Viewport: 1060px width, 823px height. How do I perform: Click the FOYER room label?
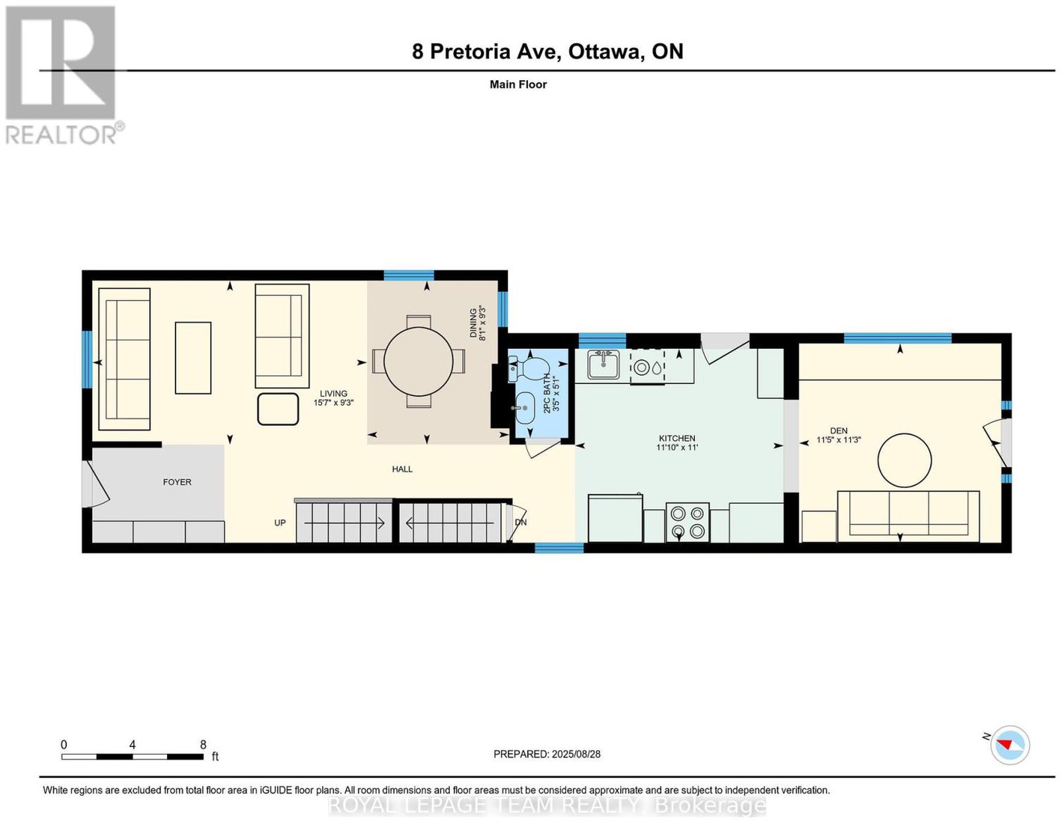[177, 482]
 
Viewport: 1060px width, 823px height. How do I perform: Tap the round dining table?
[419, 362]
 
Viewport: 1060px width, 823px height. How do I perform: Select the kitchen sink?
[604, 364]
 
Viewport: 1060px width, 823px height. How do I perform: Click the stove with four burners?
[687, 522]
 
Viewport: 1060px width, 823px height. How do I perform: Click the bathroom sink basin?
[524, 408]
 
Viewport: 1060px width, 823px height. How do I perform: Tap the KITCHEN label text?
[676, 438]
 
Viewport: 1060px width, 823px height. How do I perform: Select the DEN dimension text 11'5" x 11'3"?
[839, 440]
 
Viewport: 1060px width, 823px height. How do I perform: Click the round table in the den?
[904, 460]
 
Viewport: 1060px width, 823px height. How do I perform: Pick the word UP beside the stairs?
[280, 523]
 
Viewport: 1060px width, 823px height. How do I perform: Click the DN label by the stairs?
[521, 522]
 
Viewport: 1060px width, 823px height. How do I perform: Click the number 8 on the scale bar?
[203, 745]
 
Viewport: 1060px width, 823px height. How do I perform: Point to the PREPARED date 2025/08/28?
[576, 753]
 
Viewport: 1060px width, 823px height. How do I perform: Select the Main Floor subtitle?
[518, 84]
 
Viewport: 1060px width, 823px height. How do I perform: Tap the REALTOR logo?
[64, 75]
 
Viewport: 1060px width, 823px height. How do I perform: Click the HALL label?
[402, 469]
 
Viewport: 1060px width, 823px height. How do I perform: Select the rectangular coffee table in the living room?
[193, 358]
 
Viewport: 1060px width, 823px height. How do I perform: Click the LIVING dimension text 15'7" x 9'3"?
[333, 403]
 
